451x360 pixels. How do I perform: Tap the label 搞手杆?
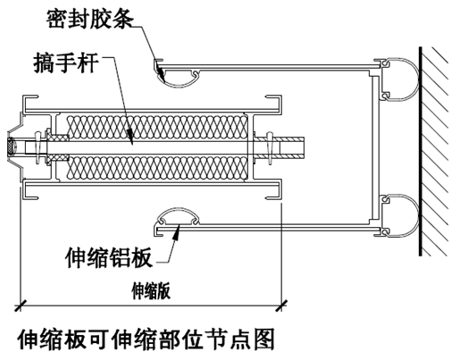point(66,63)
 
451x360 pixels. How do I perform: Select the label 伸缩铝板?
point(109,257)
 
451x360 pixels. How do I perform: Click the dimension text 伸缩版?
point(151,291)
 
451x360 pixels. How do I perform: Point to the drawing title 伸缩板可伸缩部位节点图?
point(146,339)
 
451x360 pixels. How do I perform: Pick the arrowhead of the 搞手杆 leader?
point(130,138)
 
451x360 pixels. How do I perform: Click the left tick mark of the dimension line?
point(20,306)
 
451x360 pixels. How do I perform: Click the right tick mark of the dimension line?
point(281,306)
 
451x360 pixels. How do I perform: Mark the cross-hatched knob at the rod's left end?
point(12,147)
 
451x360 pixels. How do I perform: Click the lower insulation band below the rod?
point(158,167)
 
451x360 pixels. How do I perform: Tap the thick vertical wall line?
point(420,151)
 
